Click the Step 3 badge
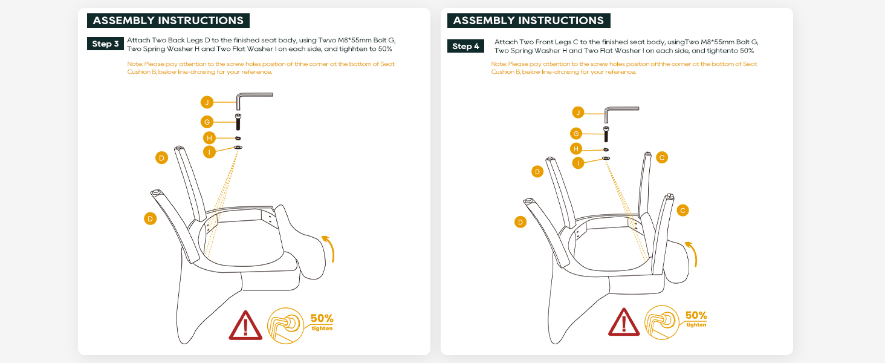[106, 44]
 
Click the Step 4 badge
[465, 47]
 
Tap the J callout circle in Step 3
[207, 102]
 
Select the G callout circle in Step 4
[576, 134]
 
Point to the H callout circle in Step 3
[209, 138]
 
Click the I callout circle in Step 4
[579, 162]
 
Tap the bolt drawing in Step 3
[238, 122]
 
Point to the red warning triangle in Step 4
[624, 322]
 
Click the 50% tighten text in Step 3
[322, 322]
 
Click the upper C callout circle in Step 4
[662, 157]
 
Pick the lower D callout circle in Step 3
[151, 218]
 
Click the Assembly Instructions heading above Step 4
[528, 21]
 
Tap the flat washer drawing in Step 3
[238, 147]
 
